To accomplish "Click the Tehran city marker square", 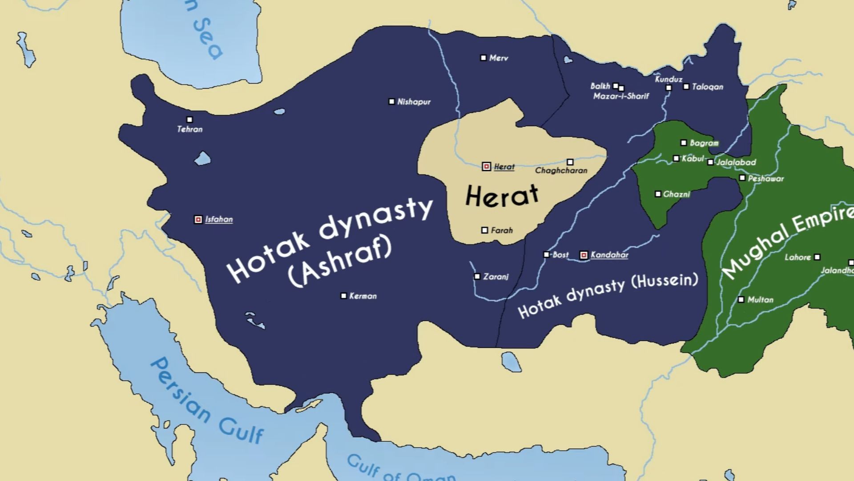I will pyautogui.click(x=189, y=119).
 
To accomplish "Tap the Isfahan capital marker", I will pyautogui.click(x=198, y=220).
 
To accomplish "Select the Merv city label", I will pyautogui.click(x=499, y=58).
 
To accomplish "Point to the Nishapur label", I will pyautogui.click(x=414, y=102).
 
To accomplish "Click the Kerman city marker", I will pyautogui.click(x=343, y=296).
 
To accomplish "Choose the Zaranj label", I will pyautogui.click(x=495, y=277).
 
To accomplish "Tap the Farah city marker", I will pyautogui.click(x=485, y=230).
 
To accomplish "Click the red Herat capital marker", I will pyautogui.click(x=487, y=167).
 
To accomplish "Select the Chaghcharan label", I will pyautogui.click(x=561, y=171).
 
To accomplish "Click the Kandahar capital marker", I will pyautogui.click(x=584, y=255).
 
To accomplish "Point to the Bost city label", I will pyautogui.click(x=560, y=255).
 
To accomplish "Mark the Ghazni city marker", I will pyautogui.click(x=658, y=194).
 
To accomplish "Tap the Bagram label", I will pyautogui.click(x=704, y=143).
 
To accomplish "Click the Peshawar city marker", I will pyautogui.click(x=742, y=178).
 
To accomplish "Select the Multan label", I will pyautogui.click(x=760, y=300).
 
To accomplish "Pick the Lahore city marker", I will pyautogui.click(x=817, y=257).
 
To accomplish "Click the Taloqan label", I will pyautogui.click(x=707, y=87).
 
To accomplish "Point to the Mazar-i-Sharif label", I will pyautogui.click(x=621, y=96).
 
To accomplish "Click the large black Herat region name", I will pyautogui.click(x=502, y=196).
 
